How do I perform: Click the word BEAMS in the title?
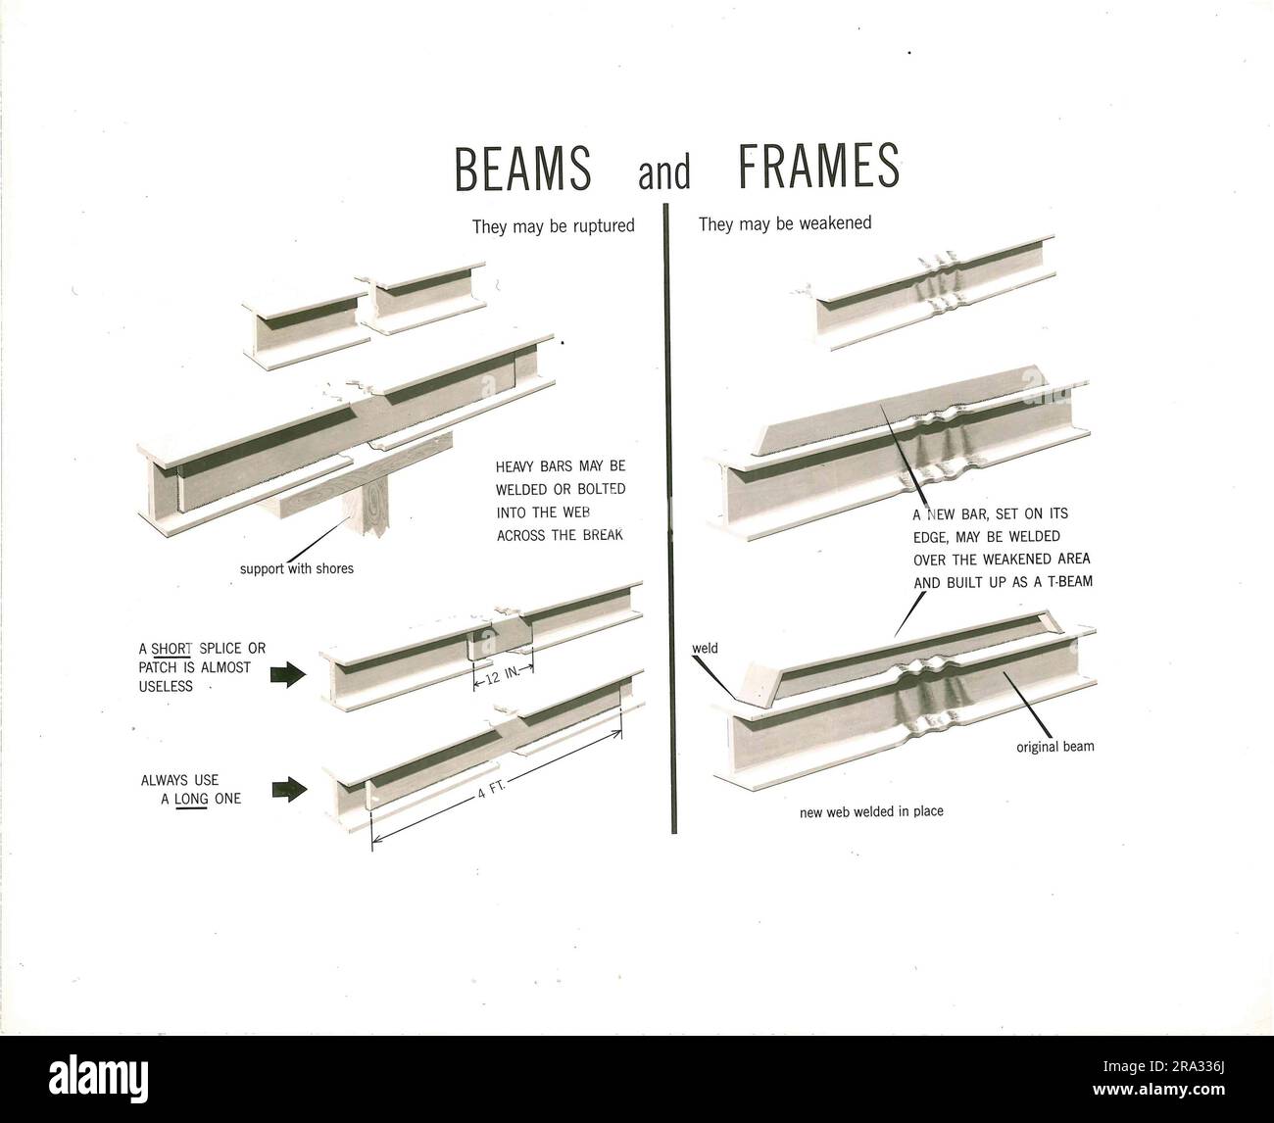523,168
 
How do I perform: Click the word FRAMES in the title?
817,168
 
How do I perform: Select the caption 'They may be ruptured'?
553,226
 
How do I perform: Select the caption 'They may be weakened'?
785,223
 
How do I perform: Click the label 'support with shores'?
297,568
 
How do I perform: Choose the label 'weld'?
706,649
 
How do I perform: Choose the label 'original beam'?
1054,747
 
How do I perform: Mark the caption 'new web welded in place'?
871,811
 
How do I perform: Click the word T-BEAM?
1060,581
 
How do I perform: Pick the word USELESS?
166,687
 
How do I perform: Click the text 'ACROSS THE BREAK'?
560,535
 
